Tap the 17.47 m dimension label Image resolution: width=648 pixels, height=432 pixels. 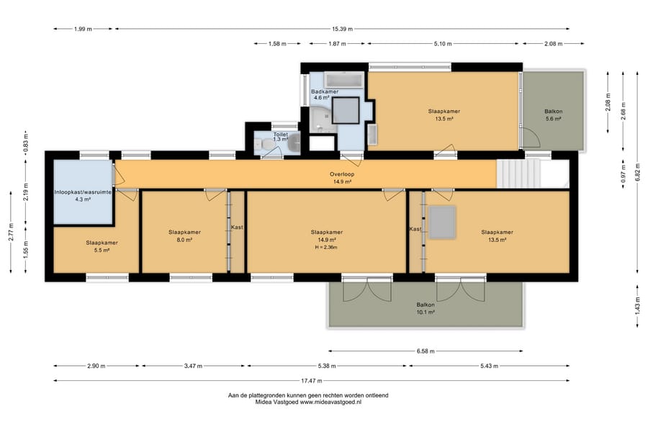point(312,381)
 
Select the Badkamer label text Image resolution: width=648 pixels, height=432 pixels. point(325,91)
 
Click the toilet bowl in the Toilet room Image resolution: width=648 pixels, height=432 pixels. point(267,144)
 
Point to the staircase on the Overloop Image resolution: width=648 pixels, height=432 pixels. point(518,174)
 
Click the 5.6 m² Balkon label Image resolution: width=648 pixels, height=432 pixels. point(554,115)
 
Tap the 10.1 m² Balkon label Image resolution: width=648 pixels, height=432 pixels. point(426,308)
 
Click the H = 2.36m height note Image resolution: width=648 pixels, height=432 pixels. point(326,248)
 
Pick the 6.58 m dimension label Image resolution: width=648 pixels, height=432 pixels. point(426,351)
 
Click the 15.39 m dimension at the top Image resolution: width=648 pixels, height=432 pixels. point(342,29)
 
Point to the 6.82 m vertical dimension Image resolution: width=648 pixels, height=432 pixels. point(638,173)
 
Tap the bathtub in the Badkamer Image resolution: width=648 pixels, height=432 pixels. point(343,80)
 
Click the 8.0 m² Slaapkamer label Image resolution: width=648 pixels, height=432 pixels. point(185,236)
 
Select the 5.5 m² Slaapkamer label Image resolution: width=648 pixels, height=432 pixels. point(102,246)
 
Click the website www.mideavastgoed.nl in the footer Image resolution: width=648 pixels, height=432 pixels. point(330,402)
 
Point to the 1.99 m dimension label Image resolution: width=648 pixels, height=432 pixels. point(83,29)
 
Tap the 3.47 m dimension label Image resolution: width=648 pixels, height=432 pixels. point(194,366)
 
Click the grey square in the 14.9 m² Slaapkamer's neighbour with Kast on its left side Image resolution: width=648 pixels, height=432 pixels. point(442,222)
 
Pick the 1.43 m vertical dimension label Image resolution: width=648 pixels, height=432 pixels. point(638,306)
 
